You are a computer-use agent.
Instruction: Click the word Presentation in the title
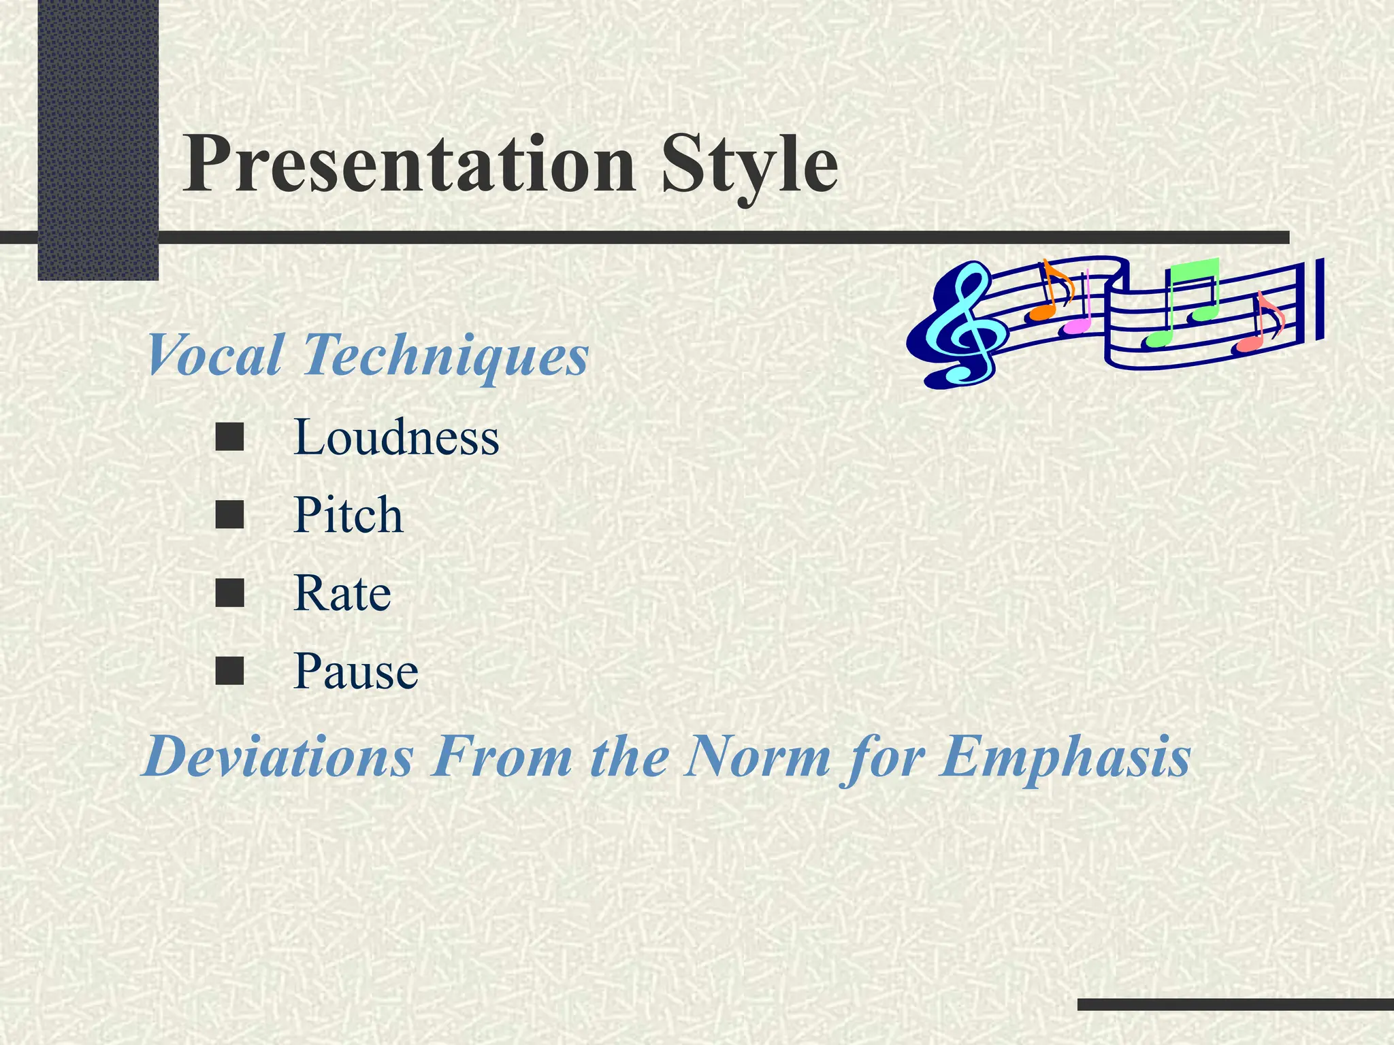click(408, 165)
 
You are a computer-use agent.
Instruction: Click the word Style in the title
click(749, 165)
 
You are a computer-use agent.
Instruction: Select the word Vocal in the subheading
click(214, 355)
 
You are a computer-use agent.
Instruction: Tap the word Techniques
click(445, 355)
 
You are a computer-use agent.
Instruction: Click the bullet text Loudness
click(396, 437)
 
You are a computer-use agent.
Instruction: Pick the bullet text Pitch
click(348, 515)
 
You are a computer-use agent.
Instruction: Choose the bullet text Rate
click(342, 593)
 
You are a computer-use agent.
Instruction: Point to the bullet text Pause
click(355, 671)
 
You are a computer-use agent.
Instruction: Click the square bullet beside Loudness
click(229, 437)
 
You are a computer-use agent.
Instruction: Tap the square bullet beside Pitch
click(229, 515)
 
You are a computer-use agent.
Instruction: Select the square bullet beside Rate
click(229, 593)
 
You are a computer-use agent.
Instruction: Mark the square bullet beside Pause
click(229, 671)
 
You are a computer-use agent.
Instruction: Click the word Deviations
click(278, 757)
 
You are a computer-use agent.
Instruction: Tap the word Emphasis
click(1065, 757)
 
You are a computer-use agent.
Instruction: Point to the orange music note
click(1048, 293)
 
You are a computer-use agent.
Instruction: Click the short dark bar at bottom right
click(1235, 1004)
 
